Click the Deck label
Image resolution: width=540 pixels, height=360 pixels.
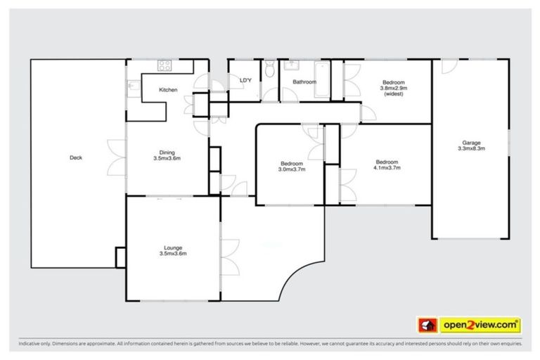tap(76, 157)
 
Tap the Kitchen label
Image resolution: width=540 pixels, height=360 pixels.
tap(168, 89)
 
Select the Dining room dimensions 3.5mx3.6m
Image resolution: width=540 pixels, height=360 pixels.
tap(167, 158)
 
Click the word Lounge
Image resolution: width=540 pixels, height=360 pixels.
tap(173, 247)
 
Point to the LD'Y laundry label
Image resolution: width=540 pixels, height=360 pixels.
tap(245, 81)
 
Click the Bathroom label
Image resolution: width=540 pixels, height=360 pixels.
tap(304, 82)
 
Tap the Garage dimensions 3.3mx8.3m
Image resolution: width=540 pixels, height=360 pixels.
tap(471, 149)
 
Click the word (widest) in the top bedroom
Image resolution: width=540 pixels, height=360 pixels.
tap(394, 94)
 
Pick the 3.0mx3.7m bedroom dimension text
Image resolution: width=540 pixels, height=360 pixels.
tap(291, 169)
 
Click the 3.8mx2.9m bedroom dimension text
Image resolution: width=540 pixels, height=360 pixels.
tap(394, 88)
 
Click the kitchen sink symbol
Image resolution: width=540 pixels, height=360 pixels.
tap(134, 87)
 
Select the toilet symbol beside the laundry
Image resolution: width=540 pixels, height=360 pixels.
tap(271, 68)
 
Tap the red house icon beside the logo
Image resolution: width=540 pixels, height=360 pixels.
tap(426, 326)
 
